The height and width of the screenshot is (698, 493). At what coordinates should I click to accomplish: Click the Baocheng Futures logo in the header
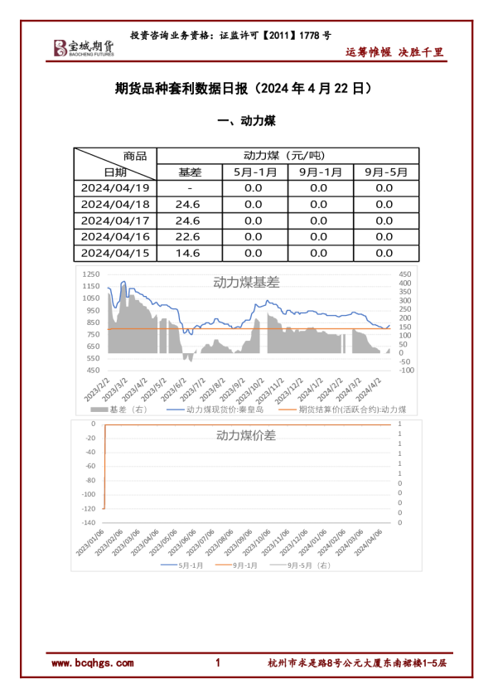coord(84,48)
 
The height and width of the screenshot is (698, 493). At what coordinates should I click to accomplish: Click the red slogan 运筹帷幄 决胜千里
coord(394,52)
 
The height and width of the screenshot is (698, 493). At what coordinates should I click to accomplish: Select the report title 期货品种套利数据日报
coord(183,88)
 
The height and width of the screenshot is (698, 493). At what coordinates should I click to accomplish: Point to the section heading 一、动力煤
coord(245,121)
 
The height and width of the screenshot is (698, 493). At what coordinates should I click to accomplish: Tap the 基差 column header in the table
coord(190,172)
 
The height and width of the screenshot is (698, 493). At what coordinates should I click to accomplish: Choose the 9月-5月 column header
coord(385,172)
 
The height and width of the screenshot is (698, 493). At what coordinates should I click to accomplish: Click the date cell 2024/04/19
coord(115,187)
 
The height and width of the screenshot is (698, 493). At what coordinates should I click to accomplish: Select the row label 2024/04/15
coord(115,253)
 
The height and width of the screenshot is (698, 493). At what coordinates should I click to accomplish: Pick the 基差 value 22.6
coord(189,236)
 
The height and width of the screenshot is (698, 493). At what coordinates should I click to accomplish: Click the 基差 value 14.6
coord(189,253)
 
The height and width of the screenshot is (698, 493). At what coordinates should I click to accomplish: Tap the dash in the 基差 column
coord(189,187)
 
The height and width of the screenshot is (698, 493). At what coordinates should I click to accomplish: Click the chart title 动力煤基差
coord(246,282)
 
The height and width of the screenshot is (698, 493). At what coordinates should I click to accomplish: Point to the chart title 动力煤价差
coord(246,434)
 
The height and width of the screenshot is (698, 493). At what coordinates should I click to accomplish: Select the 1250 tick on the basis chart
coord(91,274)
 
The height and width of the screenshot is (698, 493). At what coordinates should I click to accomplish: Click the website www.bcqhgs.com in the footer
coord(92,663)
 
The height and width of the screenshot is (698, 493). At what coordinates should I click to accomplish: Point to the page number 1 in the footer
coord(217,663)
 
